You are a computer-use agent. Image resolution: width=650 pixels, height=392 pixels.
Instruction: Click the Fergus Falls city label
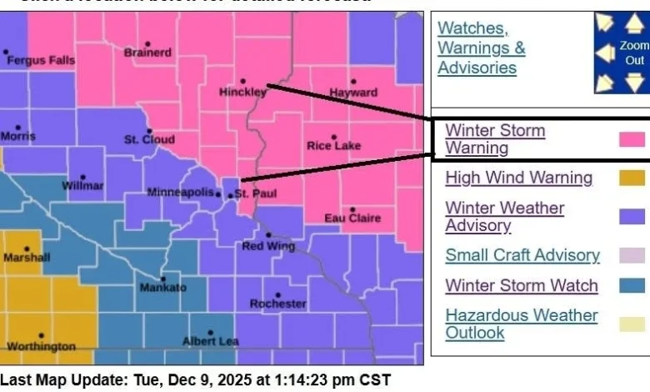click(x=40, y=61)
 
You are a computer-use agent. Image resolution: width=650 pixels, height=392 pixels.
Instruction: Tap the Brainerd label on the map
click(x=147, y=53)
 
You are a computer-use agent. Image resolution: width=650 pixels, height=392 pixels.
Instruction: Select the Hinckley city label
click(x=242, y=92)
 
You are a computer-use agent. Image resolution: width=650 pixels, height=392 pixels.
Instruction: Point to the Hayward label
click(x=353, y=93)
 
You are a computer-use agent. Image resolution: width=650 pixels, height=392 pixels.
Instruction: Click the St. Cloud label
click(x=150, y=140)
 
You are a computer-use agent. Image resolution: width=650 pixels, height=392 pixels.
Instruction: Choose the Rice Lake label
click(x=334, y=146)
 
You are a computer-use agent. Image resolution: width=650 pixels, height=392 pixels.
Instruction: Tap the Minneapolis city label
click(x=180, y=193)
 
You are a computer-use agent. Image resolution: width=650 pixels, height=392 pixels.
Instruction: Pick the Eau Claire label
click(x=352, y=219)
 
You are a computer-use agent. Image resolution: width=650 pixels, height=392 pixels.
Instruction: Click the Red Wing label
click(x=265, y=246)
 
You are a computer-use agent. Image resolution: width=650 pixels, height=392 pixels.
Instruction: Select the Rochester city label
click(x=278, y=304)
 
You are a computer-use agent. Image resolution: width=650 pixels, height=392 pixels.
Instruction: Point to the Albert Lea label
click(x=211, y=341)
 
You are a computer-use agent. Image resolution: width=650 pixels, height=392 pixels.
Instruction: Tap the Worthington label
click(x=41, y=345)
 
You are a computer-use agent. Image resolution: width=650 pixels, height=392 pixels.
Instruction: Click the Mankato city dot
click(x=162, y=279)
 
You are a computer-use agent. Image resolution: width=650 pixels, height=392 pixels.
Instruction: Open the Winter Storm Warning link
click(x=495, y=139)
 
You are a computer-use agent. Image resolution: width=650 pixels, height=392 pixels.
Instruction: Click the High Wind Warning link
click(x=518, y=178)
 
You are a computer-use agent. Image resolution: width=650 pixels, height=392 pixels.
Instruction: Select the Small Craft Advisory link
click(x=522, y=255)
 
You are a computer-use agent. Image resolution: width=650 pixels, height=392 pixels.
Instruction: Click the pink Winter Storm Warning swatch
click(x=632, y=139)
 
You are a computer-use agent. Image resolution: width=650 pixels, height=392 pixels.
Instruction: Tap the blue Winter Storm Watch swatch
click(x=632, y=286)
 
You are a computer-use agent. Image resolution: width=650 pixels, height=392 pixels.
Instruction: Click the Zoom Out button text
click(x=634, y=53)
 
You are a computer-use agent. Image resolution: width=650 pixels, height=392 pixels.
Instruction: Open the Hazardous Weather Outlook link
click(x=521, y=324)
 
